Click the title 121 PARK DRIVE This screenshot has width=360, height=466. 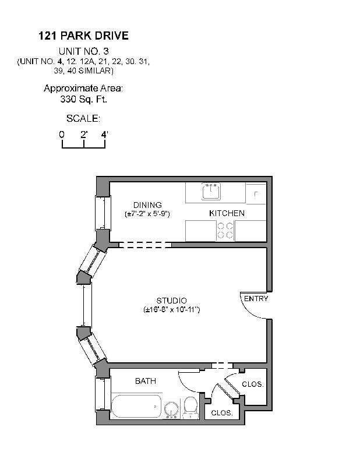click(x=83, y=36)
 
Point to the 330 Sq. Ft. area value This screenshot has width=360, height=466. click(x=83, y=99)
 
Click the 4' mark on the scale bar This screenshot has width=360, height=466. click(x=105, y=134)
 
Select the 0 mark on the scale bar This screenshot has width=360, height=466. click(x=62, y=134)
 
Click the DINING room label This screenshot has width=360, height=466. click(x=147, y=204)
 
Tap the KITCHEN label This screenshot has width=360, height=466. click(x=227, y=213)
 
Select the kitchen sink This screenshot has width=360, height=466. click(x=210, y=191)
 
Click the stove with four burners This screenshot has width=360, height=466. click(x=225, y=231)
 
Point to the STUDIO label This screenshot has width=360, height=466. click(x=171, y=300)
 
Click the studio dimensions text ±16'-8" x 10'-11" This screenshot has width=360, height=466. click(x=171, y=309)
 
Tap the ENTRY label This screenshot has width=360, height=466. click(x=256, y=298)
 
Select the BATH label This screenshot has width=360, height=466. click(x=145, y=381)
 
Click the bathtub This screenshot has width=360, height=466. click(x=136, y=406)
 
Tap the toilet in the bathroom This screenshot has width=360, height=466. click(x=190, y=407)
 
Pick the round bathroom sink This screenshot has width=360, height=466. click(x=171, y=409)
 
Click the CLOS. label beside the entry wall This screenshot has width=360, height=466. click(x=253, y=384)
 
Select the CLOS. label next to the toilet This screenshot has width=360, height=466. click(x=221, y=412)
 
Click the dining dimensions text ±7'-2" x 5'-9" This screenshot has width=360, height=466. click(x=147, y=214)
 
